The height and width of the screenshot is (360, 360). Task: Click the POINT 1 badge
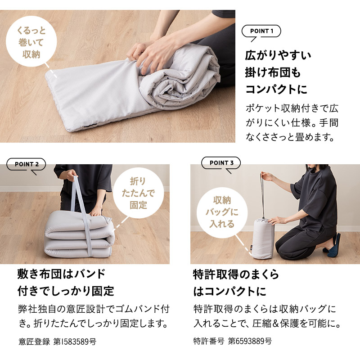pos(261,31)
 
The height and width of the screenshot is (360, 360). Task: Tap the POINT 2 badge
pos(26,164)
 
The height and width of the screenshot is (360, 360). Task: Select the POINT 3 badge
pos(221,163)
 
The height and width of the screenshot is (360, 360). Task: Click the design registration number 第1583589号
pos(75,342)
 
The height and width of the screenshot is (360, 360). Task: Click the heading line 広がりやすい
pos(278,56)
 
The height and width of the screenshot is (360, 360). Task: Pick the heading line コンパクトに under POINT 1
pos(275,89)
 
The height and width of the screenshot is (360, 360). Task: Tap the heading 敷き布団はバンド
pos(61,274)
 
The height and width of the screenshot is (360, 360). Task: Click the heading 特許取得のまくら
pos(236,274)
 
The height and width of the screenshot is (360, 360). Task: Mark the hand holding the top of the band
pos(70,174)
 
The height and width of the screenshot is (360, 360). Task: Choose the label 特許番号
pos(208,341)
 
